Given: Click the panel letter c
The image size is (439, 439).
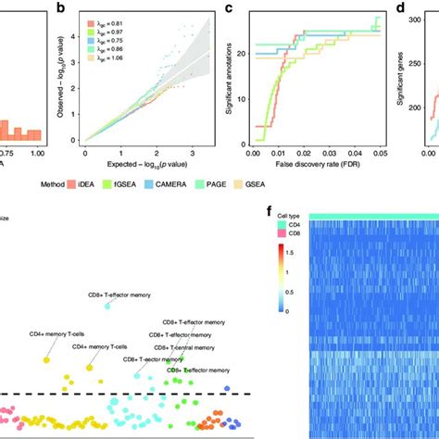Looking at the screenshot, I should point(229,8).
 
